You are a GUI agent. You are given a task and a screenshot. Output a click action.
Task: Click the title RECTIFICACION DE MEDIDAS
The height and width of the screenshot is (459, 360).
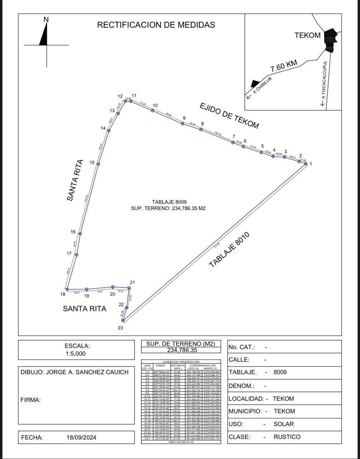(156, 25)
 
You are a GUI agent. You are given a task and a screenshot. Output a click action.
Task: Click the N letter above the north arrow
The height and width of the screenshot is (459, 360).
(46, 20)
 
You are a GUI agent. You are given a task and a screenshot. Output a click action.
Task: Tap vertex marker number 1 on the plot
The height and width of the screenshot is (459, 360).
(306, 164)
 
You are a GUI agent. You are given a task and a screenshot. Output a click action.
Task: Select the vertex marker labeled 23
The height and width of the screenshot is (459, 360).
(123, 321)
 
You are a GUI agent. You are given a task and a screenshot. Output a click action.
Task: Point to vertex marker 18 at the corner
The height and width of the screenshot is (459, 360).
(67, 289)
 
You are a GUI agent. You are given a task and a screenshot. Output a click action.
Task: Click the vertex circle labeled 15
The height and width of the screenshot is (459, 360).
(98, 164)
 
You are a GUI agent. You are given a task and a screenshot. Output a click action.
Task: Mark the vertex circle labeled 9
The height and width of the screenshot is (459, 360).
(183, 124)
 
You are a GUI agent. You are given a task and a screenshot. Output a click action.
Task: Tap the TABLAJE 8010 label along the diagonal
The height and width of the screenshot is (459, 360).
(229, 250)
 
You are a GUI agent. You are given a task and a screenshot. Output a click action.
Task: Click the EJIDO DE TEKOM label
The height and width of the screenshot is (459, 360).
(229, 115)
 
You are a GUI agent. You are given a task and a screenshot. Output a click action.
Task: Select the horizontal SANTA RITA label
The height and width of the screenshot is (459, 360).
(85, 309)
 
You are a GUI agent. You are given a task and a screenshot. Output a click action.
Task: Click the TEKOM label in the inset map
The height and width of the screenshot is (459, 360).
(307, 35)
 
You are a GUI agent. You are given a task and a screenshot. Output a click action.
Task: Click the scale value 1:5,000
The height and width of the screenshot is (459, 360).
(75, 354)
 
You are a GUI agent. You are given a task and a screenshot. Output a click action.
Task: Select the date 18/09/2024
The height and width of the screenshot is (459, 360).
(81, 437)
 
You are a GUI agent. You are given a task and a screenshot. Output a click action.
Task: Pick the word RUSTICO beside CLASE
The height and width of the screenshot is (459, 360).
(287, 437)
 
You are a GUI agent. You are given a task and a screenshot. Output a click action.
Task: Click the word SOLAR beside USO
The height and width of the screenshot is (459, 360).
(284, 424)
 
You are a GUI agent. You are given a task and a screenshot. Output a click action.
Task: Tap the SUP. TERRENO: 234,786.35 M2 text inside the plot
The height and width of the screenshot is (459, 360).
(169, 208)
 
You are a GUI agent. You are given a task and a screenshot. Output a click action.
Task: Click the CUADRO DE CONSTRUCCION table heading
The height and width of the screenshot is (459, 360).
(181, 362)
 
